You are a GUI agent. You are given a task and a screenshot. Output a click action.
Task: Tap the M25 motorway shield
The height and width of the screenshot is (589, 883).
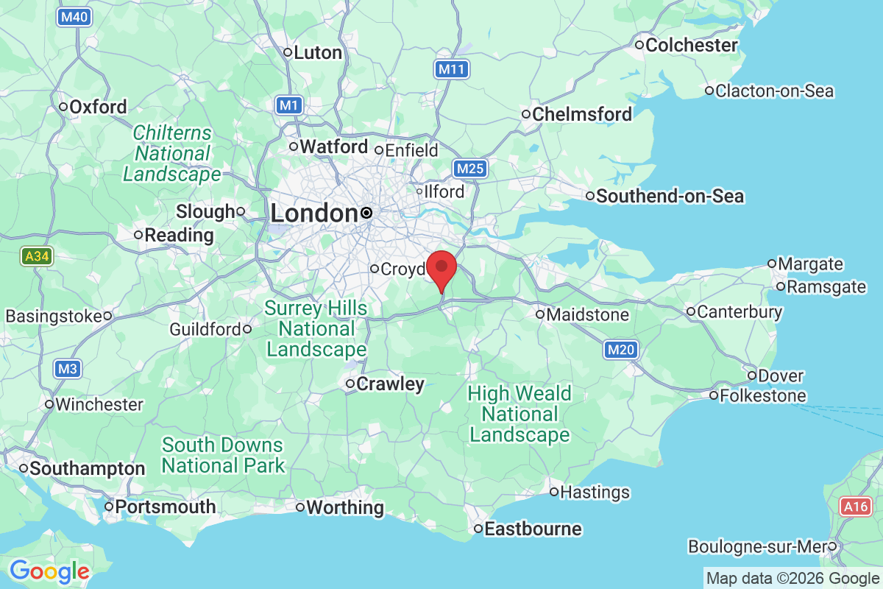click(469, 169)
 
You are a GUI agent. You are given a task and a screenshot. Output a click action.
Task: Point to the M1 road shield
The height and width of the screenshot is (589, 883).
click(289, 105)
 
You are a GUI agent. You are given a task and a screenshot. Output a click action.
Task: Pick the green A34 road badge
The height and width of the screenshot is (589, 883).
click(36, 257)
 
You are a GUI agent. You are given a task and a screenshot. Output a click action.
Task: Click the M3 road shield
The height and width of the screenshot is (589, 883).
click(66, 369)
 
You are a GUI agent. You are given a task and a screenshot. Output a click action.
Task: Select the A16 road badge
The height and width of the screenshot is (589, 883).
click(857, 507)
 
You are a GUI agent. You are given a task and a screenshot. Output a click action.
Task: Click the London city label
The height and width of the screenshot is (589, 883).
click(314, 214)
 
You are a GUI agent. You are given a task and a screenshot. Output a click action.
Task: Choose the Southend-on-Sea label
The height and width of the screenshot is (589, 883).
click(670, 197)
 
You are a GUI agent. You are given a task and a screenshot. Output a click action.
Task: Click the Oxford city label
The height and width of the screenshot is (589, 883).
click(98, 107)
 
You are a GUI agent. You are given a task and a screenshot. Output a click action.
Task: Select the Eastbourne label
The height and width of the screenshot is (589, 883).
click(533, 529)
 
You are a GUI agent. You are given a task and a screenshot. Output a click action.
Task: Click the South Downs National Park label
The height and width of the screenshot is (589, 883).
click(223, 455)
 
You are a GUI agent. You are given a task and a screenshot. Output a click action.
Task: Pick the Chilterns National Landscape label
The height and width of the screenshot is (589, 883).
click(172, 154)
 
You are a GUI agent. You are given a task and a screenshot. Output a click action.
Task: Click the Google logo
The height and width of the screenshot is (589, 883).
click(49, 571)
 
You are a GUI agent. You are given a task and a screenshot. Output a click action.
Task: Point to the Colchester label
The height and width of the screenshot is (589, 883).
click(691, 45)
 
